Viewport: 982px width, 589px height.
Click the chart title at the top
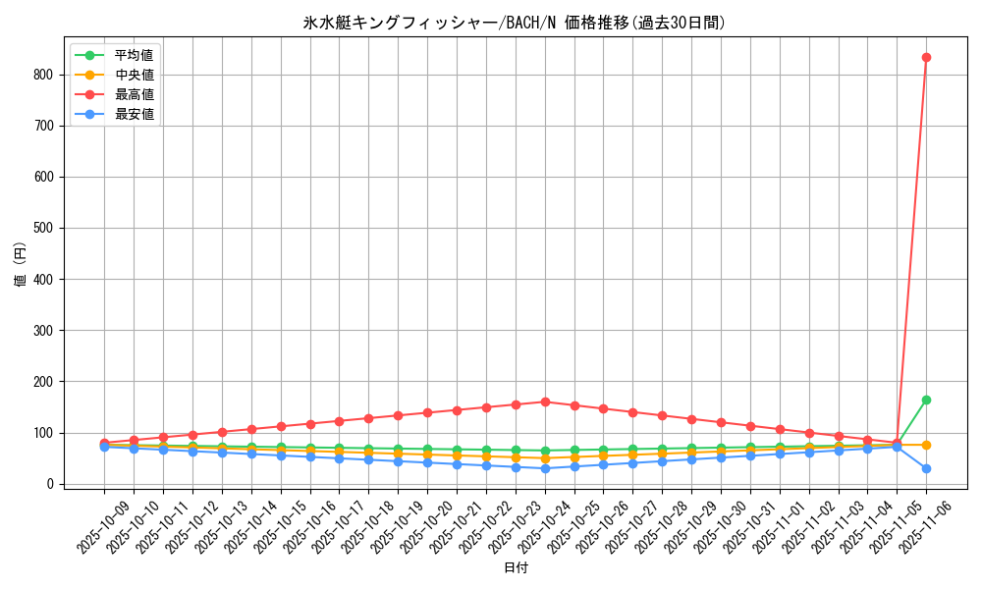click(x=515, y=23)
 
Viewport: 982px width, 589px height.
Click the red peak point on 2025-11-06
click(x=926, y=57)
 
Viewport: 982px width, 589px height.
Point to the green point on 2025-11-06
click(x=926, y=400)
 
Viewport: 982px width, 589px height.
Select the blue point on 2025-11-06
click(x=926, y=468)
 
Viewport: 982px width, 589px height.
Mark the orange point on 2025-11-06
click(x=926, y=445)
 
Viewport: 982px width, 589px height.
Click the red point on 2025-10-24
click(x=545, y=402)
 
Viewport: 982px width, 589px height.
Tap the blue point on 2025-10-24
click(x=545, y=468)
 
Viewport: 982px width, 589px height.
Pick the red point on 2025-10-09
click(x=104, y=443)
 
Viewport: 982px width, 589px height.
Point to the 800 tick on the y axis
click(x=42, y=75)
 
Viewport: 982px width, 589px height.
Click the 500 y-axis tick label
click(x=42, y=228)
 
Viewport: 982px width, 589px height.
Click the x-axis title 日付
click(x=515, y=568)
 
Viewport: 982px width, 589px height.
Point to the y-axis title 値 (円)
click(x=21, y=265)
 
